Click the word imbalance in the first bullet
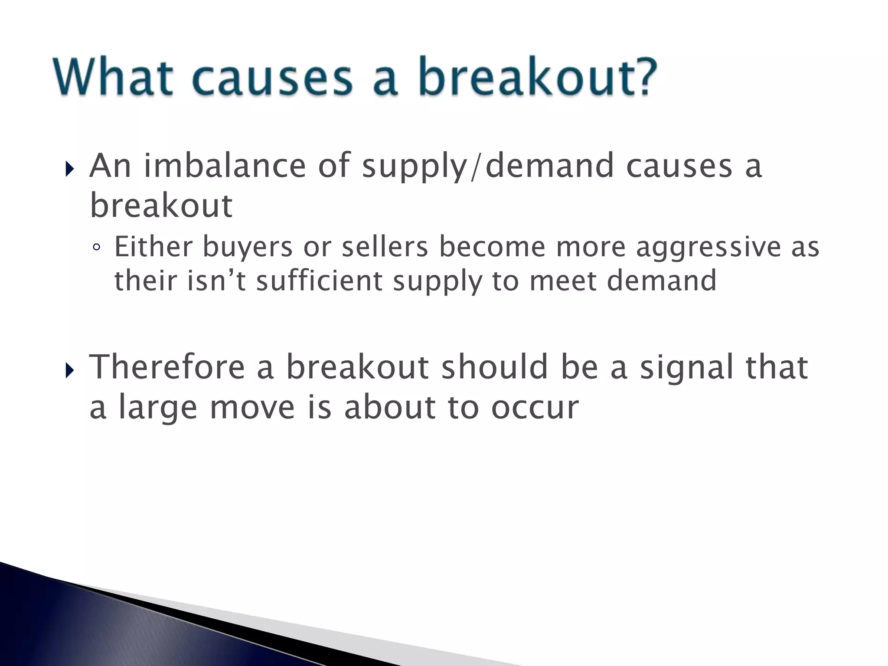click(225, 166)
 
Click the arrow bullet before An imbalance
click(69, 169)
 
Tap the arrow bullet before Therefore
click(69, 370)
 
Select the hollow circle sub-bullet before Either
click(97, 248)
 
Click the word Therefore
click(167, 367)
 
